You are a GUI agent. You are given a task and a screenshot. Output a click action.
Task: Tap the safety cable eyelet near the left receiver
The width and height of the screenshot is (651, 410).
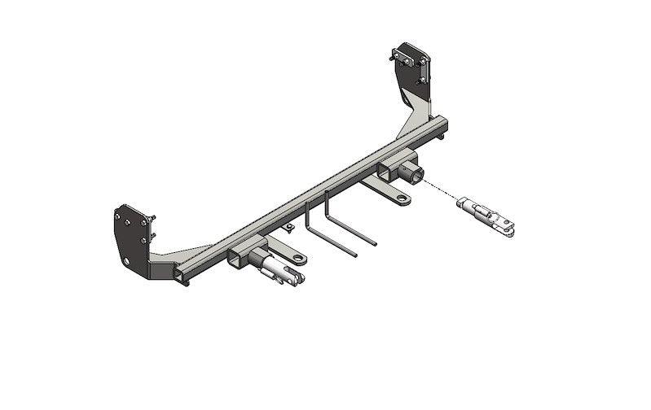tap(300, 260)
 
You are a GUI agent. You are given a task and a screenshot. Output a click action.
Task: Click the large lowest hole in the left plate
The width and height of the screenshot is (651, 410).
tap(127, 261)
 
